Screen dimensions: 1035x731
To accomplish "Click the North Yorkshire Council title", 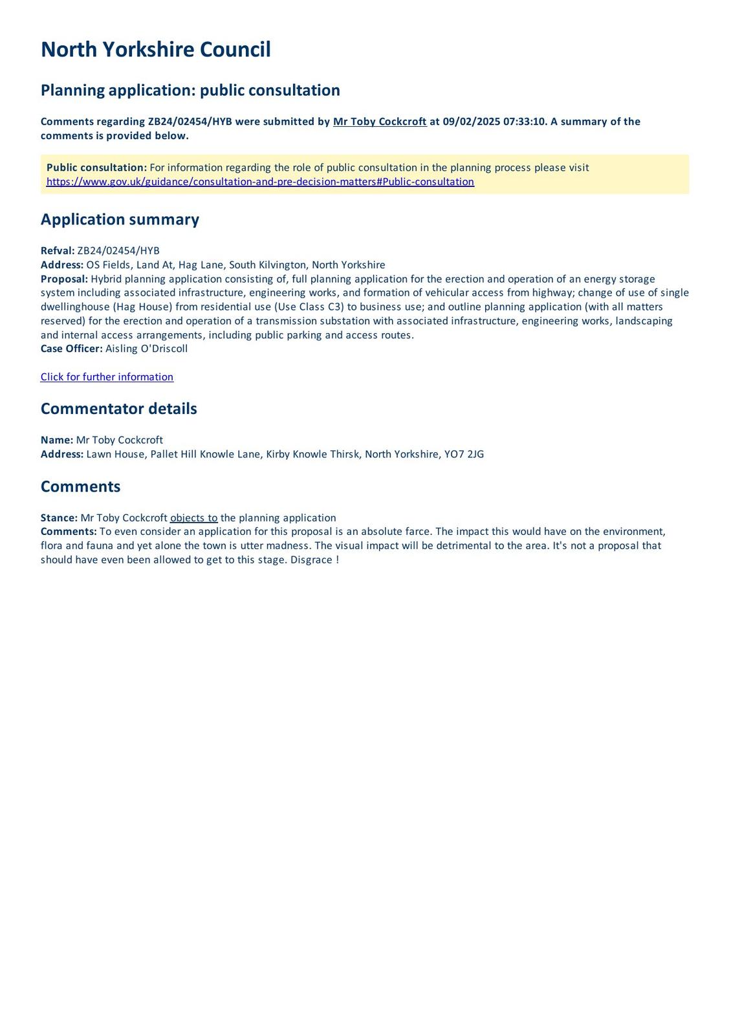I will [x=155, y=50].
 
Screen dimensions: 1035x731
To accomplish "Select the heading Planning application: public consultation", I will [x=190, y=90].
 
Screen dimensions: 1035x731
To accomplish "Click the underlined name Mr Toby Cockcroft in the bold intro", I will [x=380, y=122].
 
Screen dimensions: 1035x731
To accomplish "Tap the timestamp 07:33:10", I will [x=525, y=122].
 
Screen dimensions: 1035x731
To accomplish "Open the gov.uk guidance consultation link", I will [x=260, y=182].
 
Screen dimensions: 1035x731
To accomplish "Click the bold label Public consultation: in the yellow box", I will [x=96, y=168].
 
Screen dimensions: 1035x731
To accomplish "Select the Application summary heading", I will [x=120, y=219].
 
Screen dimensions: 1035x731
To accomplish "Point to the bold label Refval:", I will [x=58, y=251].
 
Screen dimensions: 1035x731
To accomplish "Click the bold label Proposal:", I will [x=64, y=279].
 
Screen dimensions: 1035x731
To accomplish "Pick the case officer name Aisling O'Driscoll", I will [x=146, y=349].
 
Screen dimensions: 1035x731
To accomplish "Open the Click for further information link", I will [x=107, y=377].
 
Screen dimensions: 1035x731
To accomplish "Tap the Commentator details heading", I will [x=118, y=409].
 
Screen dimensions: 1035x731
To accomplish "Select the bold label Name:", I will [x=57, y=440].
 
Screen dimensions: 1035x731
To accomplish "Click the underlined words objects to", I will [x=193, y=518].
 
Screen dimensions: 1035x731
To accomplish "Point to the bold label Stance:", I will [x=59, y=518].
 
